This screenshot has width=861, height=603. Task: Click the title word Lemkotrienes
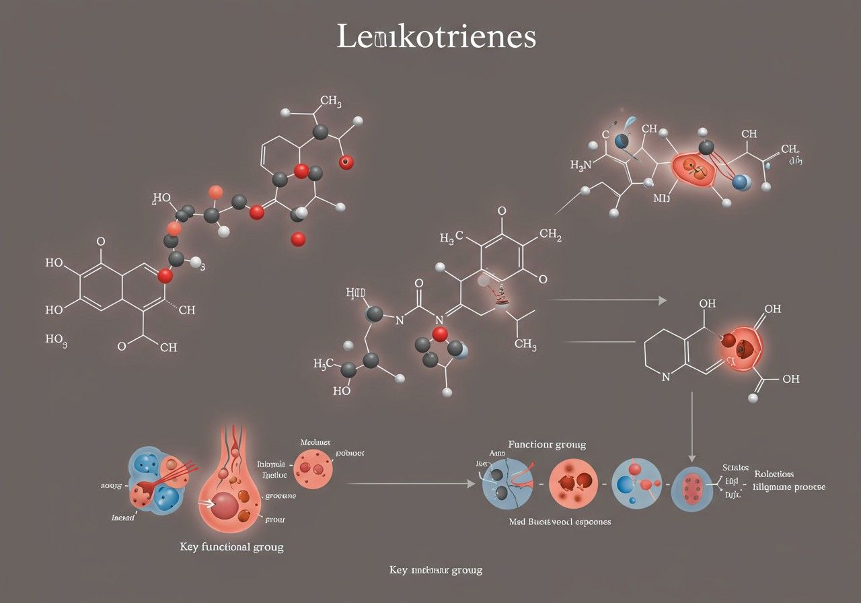[436, 38]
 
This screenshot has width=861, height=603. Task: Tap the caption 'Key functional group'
[231, 546]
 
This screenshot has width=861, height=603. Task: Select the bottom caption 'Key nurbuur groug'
[435, 569]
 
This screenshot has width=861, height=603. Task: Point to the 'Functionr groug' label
[546, 444]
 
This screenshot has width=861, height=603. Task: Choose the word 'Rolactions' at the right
[774, 474]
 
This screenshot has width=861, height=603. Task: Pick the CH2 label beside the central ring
[550, 236]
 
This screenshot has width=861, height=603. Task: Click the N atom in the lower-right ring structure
[666, 378]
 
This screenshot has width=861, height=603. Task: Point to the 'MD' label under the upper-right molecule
[661, 199]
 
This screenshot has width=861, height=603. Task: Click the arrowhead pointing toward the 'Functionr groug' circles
[470, 483]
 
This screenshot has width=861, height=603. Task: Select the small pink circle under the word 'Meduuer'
[314, 469]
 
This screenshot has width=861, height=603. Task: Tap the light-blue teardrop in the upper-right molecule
[629, 124]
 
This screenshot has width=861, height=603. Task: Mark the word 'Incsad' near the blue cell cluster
[124, 517]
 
